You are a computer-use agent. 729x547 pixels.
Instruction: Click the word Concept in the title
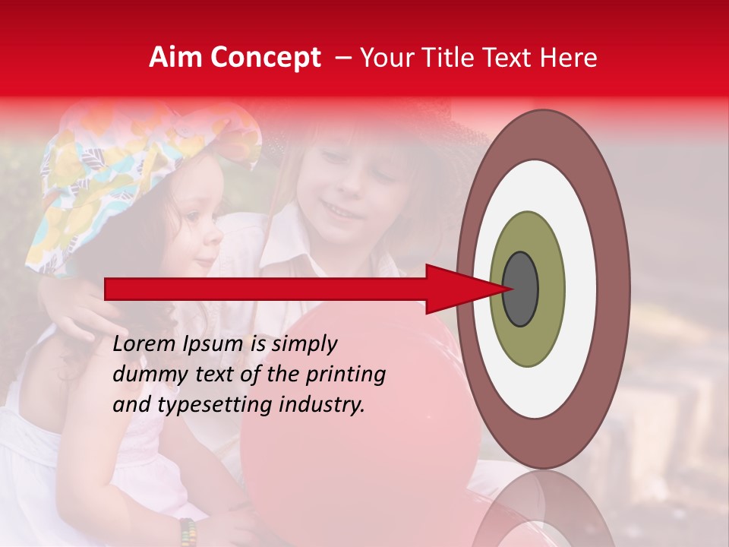click(x=266, y=58)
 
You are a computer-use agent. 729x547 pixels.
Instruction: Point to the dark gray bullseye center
click(x=521, y=289)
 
